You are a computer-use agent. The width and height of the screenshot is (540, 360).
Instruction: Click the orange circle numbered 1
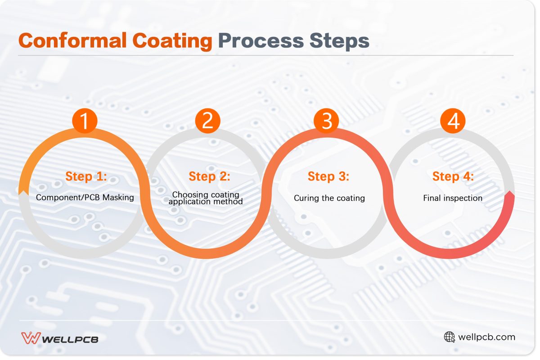[85, 121]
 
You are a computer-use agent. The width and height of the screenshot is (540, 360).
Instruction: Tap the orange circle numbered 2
[207, 121]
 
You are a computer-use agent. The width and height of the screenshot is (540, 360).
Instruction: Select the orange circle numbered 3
[327, 121]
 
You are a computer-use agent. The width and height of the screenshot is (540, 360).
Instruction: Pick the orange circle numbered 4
[452, 121]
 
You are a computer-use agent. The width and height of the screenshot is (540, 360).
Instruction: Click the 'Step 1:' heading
[86, 176]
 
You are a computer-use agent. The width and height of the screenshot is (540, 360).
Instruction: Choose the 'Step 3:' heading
[328, 176]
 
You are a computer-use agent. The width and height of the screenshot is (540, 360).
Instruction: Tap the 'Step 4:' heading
[453, 176]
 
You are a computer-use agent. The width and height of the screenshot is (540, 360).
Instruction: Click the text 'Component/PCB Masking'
[85, 198]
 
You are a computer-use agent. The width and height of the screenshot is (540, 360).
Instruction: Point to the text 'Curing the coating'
[329, 198]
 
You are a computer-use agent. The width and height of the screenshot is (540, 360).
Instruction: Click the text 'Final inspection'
[453, 198]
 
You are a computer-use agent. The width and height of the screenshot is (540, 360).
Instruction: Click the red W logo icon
[31, 337]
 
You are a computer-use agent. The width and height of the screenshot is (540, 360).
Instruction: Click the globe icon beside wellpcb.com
[449, 337]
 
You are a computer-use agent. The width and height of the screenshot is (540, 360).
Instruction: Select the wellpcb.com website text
[486, 337]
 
